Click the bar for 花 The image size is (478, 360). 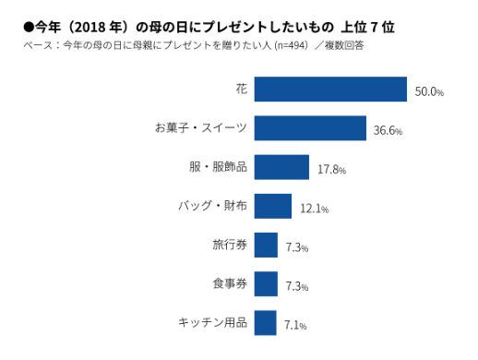coord(330,90)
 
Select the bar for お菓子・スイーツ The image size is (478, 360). coord(310,128)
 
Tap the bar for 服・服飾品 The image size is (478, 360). coord(281,167)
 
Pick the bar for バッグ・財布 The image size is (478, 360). coord(273,206)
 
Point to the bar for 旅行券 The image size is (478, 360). coord(266,246)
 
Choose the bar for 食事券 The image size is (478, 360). coord(266,284)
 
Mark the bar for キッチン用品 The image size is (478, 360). coord(265,323)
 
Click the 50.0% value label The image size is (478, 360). coord(429,92)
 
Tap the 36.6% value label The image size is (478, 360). coord(388,131)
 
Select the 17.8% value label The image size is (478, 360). coord(331,170)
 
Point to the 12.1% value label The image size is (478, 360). coord(314,209)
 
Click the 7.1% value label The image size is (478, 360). coord(295,326)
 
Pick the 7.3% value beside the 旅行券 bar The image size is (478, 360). coord(296,247)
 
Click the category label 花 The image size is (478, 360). coord(241,90)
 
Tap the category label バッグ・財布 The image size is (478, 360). coord(211,206)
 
